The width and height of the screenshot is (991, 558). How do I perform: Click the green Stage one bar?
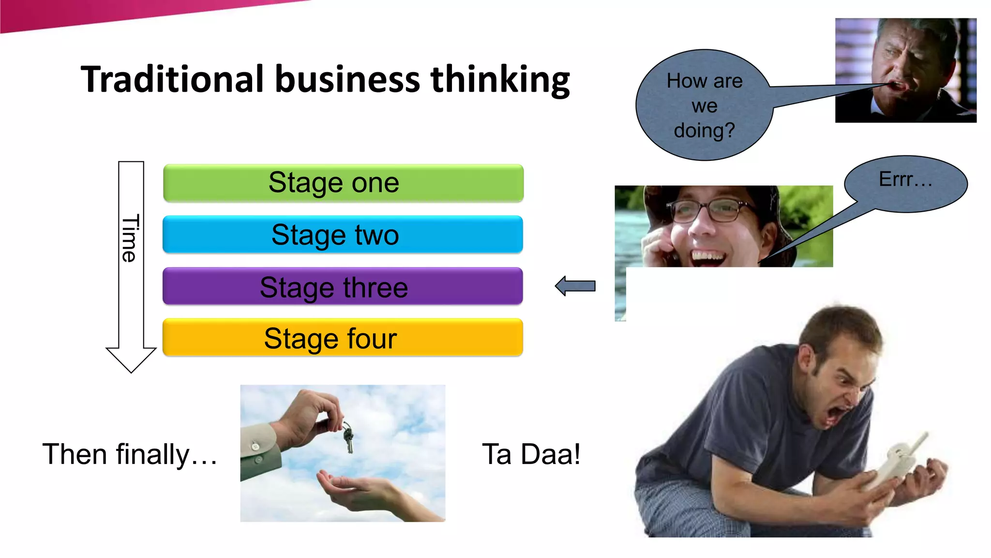pyautogui.click(x=343, y=183)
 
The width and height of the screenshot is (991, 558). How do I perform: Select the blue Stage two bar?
pyautogui.click(x=343, y=234)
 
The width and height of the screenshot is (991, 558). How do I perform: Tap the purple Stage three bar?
pyautogui.click(x=343, y=286)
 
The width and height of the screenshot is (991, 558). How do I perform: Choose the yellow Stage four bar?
pyautogui.click(x=343, y=338)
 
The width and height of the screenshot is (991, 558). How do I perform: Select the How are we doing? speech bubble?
pyautogui.click(x=704, y=106)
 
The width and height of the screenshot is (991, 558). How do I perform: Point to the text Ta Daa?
pyautogui.click(x=531, y=454)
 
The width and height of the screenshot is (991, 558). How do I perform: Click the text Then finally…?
pyautogui.click(x=130, y=454)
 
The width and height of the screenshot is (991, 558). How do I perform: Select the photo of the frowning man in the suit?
pyautogui.click(x=905, y=70)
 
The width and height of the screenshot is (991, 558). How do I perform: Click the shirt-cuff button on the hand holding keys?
pyautogui.click(x=255, y=446)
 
